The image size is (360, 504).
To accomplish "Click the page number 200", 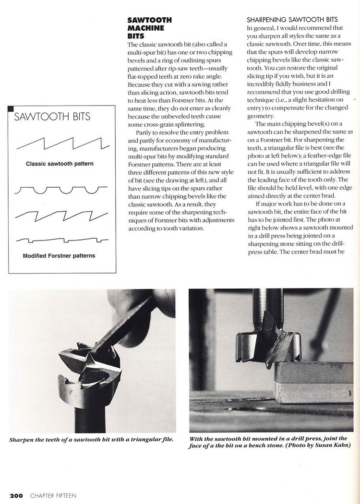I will tap(16, 495).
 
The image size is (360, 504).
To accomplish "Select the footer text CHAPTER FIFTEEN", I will tap(53, 495).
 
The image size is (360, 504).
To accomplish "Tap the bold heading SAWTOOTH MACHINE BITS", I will tap(149, 28).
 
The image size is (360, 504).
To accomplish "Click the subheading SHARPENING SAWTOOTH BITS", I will tap(295, 21).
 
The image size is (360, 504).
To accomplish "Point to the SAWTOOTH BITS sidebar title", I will tap(52, 117).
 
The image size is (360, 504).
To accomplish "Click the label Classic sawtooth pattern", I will tap(60, 164).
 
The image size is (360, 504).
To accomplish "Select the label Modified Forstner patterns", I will tap(59, 255).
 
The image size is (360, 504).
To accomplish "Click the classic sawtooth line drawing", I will tap(60, 142).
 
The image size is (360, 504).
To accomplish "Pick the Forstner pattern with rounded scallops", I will tap(60, 191).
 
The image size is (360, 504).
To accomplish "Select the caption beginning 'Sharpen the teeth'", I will tap(91, 439).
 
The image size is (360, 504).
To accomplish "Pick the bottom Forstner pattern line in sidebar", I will tap(60, 239).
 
